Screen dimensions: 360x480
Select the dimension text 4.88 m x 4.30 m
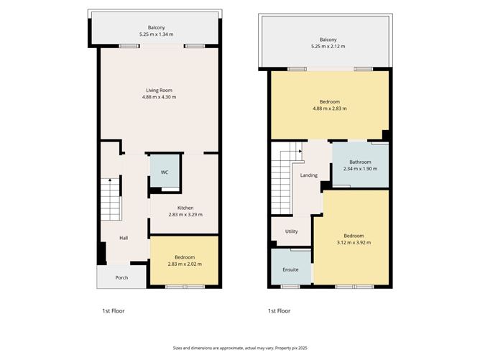coord(160,97)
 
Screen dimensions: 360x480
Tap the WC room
coord(165,172)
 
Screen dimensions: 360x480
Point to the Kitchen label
coord(185,208)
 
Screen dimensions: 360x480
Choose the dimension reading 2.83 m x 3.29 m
coord(185,214)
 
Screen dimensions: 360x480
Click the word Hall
coord(124,239)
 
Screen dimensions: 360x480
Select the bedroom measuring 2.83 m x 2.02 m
coord(184,260)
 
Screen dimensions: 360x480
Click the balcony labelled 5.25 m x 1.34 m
coord(157,30)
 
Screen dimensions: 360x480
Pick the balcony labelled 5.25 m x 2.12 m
coord(328,42)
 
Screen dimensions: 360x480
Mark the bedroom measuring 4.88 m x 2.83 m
coord(329,105)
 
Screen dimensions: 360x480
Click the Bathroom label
coord(360,162)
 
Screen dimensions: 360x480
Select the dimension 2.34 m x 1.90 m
coord(360,169)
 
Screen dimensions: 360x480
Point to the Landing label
coord(309,175)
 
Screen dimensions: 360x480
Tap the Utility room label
coord(291,231)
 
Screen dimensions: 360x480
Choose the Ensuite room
coord(291,270)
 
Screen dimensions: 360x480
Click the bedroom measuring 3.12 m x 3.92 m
coord(353,239)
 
